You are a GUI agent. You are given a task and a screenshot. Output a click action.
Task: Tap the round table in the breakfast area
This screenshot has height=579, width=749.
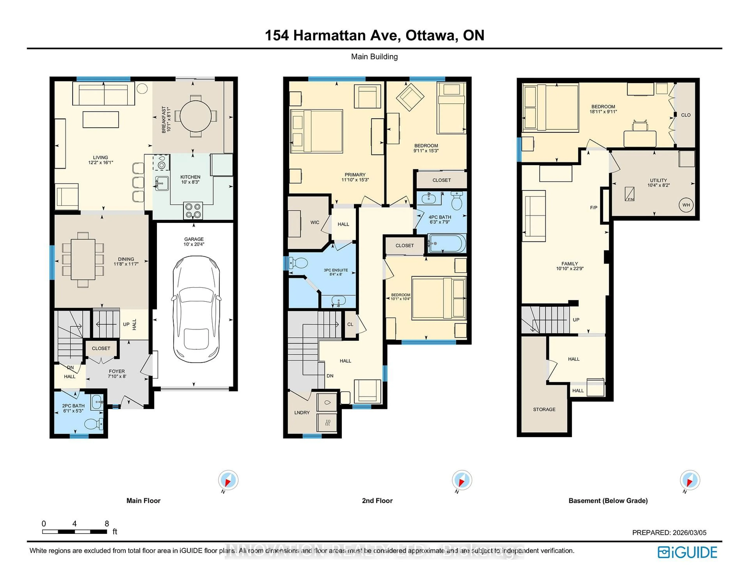coord(195,116)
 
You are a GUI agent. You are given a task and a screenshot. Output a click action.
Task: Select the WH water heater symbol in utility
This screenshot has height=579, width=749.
coord(686,205)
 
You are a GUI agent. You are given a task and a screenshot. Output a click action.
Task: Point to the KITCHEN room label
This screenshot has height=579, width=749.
coord(190,177)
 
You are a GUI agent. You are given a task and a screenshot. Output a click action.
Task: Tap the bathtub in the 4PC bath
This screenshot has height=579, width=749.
coord(446,243)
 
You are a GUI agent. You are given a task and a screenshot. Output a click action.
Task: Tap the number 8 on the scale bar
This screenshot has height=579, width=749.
coord(107,523)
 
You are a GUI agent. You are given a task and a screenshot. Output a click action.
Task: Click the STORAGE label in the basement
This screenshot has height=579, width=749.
coord(544,409)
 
